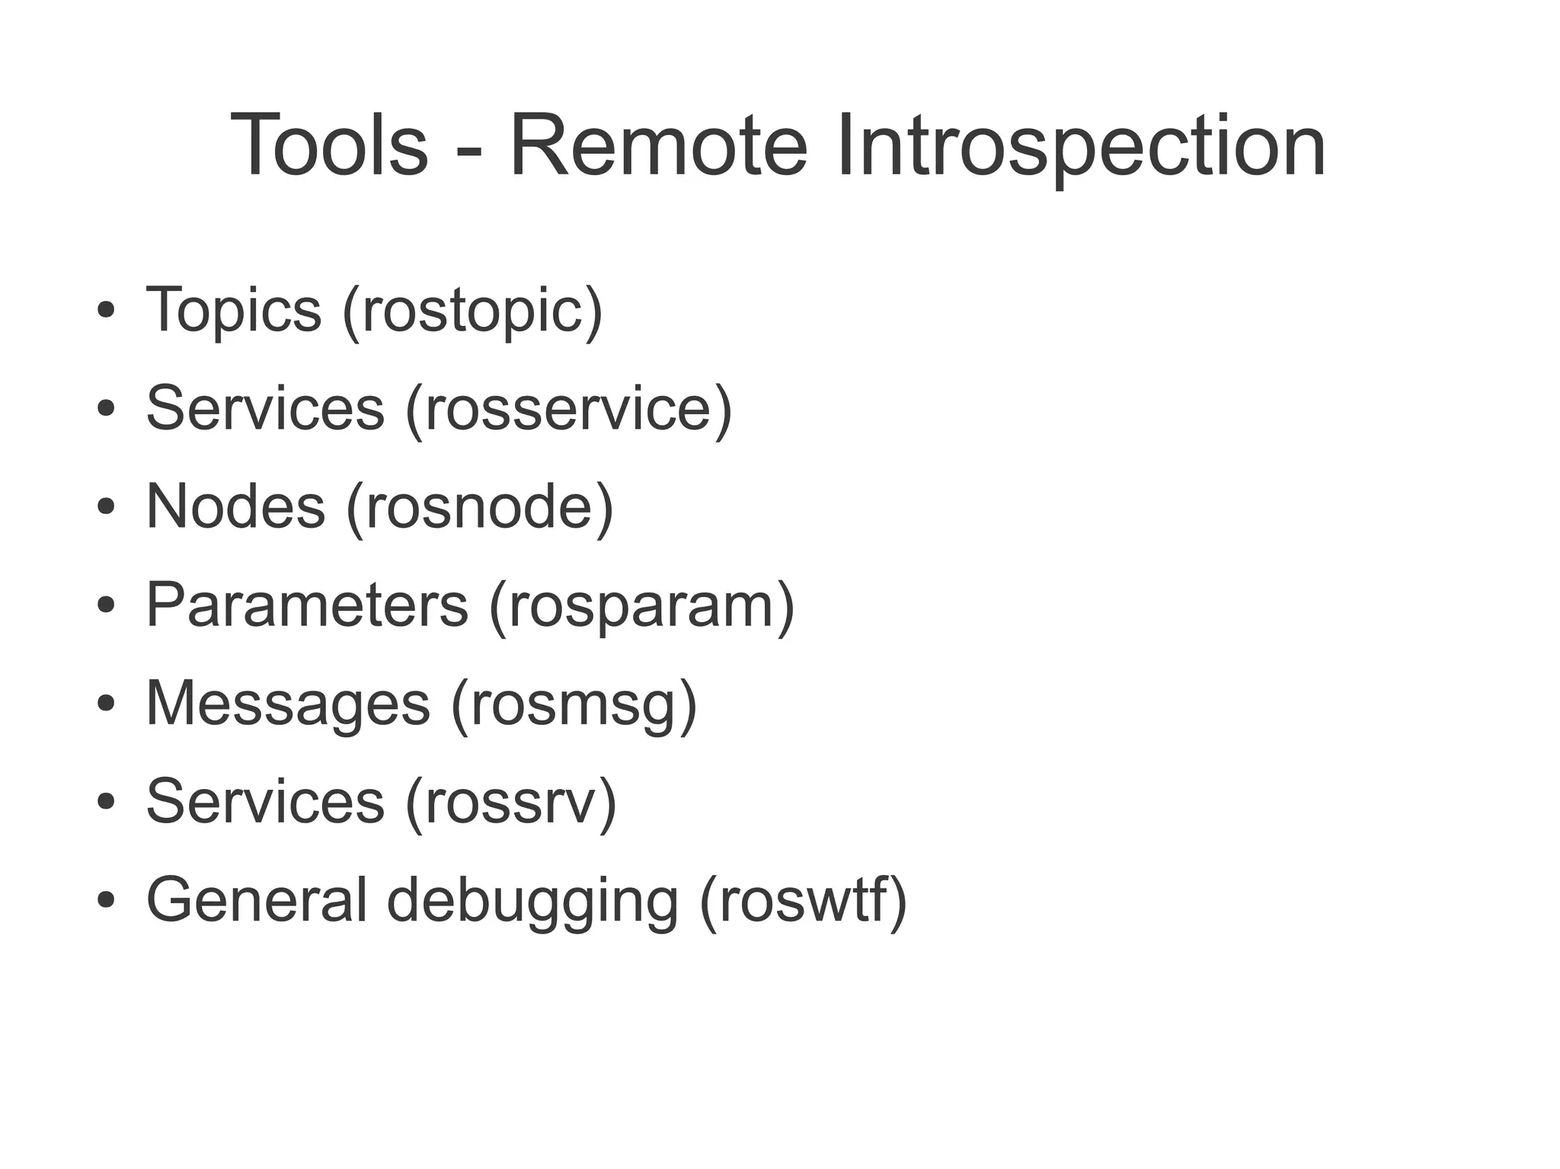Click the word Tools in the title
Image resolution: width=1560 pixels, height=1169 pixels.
click(328, 145)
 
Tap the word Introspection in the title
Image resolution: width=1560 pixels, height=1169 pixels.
click(1081, 145)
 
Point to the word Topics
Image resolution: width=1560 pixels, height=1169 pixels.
click(233, 310)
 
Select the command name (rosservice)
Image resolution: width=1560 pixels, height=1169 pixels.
click(568, 409)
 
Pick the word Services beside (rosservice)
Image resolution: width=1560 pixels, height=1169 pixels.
click(265, 408)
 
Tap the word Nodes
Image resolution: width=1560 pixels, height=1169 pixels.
click(235, 506)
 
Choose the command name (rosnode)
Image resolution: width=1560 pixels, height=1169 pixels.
click(480, 508)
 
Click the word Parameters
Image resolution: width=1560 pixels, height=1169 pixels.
click(307, 605)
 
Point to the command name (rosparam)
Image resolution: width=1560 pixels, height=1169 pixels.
click(641, 606)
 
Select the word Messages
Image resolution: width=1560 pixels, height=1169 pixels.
click(288, 703)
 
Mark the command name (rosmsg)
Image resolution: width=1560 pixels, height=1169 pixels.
click(574, 704)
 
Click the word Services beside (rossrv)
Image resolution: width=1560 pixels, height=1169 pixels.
click(265, 801)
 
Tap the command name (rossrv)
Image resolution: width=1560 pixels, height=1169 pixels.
click(510, 803)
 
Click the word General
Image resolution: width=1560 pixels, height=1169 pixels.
click(257, 899)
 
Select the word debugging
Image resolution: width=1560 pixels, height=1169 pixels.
click(532, 901)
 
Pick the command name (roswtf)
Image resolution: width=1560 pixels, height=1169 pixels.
click(803, 901)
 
